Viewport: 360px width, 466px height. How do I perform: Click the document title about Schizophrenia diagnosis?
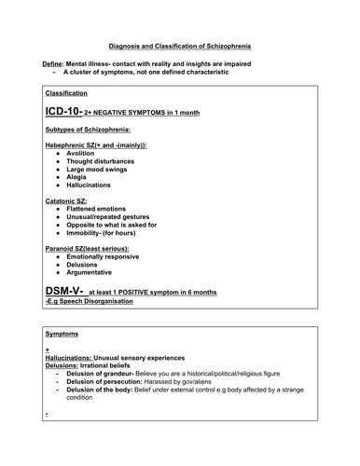(180, 45)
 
